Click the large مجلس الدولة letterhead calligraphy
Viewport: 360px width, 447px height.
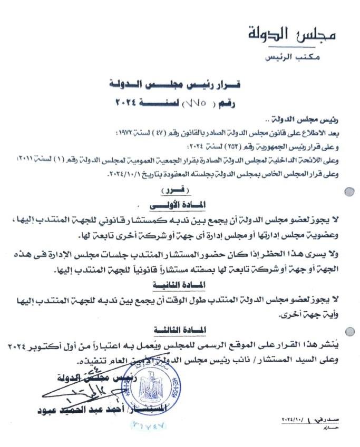click(x=291, y=35)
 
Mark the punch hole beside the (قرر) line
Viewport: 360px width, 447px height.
click(x=348, y=192)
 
